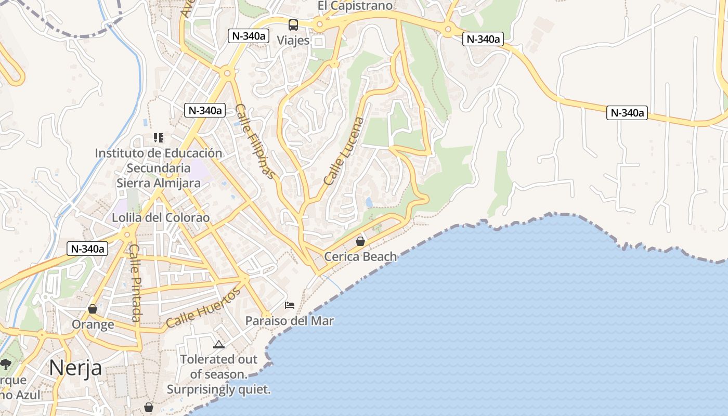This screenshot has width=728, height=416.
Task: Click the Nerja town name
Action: coord(75,368)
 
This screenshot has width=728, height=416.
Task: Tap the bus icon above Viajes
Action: coord(293,25)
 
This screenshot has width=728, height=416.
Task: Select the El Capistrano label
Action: coord(355,6)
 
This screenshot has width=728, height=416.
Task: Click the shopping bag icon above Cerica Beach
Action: coord(360,241)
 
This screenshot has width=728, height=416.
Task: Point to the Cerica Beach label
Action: coord(360,256)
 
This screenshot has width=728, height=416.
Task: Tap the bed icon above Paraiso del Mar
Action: coord(290,305)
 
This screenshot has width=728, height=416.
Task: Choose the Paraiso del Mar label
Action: coord(290,321)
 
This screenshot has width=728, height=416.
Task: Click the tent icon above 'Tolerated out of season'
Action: coord(218,344)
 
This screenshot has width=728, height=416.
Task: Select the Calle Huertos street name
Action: coord(203,308)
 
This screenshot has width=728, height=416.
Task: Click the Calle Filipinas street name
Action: coord(255,141)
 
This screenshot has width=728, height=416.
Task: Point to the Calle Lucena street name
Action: coord(344,151)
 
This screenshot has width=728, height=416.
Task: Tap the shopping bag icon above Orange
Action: coord(93,309)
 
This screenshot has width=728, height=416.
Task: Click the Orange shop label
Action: coord(93,324)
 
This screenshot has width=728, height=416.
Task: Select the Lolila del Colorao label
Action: coord(161,217)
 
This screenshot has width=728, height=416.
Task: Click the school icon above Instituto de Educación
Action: coord(159,138)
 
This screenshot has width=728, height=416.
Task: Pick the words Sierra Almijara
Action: coord(158,183)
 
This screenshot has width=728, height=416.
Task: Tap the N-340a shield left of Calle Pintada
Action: coord(87,249)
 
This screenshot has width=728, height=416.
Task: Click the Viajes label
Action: coord(293,40)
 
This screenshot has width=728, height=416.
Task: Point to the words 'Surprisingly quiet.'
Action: coord(219,389)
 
